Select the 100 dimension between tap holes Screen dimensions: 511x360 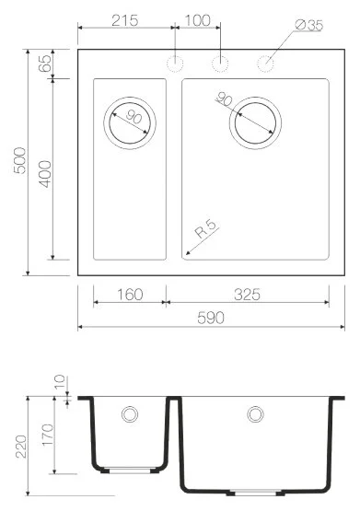coord(197,19)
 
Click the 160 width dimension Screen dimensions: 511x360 coord(130,295)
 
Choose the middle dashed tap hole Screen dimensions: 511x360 coord(220,63)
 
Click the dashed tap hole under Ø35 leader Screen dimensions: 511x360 coord(266,63)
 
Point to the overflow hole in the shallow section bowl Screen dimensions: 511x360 coord(130,414)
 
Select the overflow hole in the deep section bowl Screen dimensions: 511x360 coord(254,415)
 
